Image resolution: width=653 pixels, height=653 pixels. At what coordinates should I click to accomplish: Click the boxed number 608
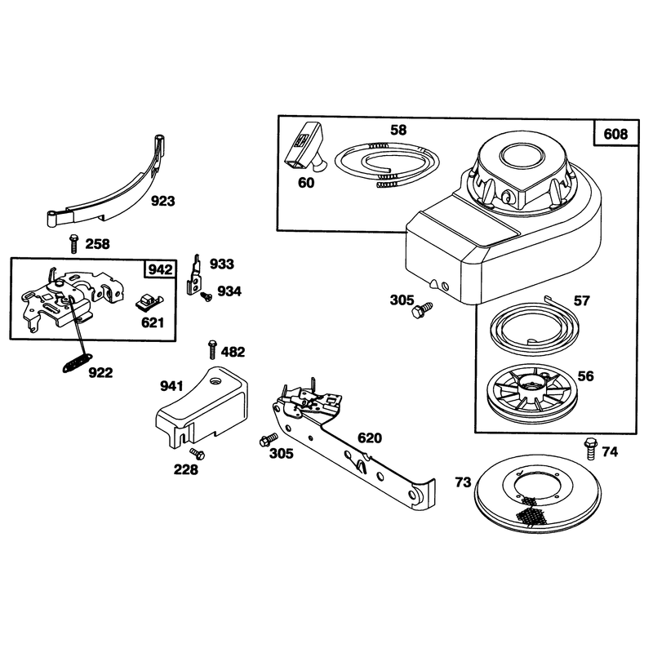point(615,134)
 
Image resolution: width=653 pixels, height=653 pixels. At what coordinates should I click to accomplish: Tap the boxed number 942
point(160,269)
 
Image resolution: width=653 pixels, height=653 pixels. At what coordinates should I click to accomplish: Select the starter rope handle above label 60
point(304,146)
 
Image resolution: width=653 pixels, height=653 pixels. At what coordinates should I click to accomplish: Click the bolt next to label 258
point(73,243)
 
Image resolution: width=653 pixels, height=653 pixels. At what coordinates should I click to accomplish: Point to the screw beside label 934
point(207,296)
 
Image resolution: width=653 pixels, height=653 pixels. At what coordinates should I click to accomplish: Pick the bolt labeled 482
point(212,350)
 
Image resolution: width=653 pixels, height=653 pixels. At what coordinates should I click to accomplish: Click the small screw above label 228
point(197,454)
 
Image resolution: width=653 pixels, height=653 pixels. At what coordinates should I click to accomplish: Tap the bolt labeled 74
point(591,448)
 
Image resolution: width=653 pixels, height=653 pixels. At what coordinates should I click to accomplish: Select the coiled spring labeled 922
point(77,362)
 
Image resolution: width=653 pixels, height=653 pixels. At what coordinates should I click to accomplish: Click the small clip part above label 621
point(149,302)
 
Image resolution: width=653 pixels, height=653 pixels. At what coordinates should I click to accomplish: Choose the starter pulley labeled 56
point(530,389)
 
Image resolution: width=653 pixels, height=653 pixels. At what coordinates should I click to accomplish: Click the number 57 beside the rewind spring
point(581,300)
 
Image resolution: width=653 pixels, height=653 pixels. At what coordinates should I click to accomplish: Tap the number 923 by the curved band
point(162,201)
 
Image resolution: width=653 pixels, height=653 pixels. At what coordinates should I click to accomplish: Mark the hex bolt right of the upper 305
point(422,311)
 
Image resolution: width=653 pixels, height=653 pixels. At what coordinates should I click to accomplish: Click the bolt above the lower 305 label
point(269,439)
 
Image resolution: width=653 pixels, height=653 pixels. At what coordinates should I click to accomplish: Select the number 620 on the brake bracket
point(370,438)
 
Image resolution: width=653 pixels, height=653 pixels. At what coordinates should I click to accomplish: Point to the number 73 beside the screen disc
point(463,482)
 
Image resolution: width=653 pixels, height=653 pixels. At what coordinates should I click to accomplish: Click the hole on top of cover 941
point(215,380)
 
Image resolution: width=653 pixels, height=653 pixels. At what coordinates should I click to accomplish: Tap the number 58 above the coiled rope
point(398,130)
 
